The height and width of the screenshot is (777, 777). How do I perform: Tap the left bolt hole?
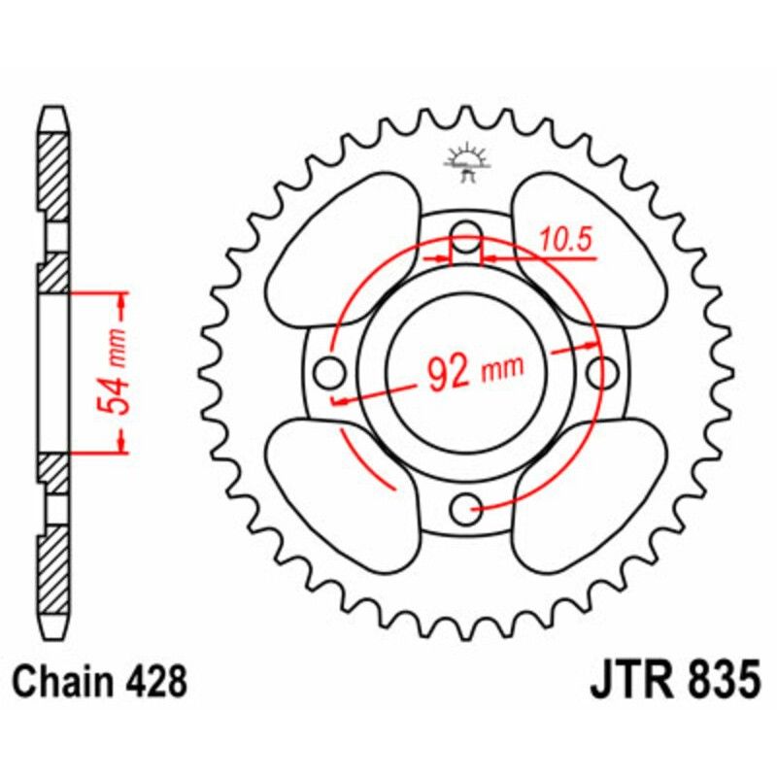click(332, 370)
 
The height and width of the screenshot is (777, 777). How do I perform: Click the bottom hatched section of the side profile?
click(54, 573)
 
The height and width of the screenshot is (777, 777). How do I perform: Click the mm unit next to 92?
click(503, 367)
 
